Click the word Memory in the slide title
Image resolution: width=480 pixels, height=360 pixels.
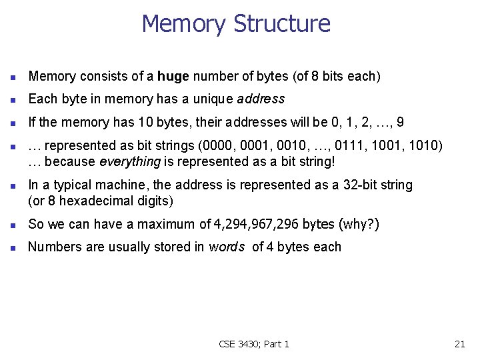point(184,24)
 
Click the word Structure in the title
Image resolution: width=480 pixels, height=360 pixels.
point(281,24)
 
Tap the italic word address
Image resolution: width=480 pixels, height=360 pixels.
point(261,99)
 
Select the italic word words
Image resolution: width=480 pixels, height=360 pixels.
point(227,247)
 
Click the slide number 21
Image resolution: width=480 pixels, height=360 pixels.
point(459,344)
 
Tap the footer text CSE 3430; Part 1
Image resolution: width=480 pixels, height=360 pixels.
point(254,344)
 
